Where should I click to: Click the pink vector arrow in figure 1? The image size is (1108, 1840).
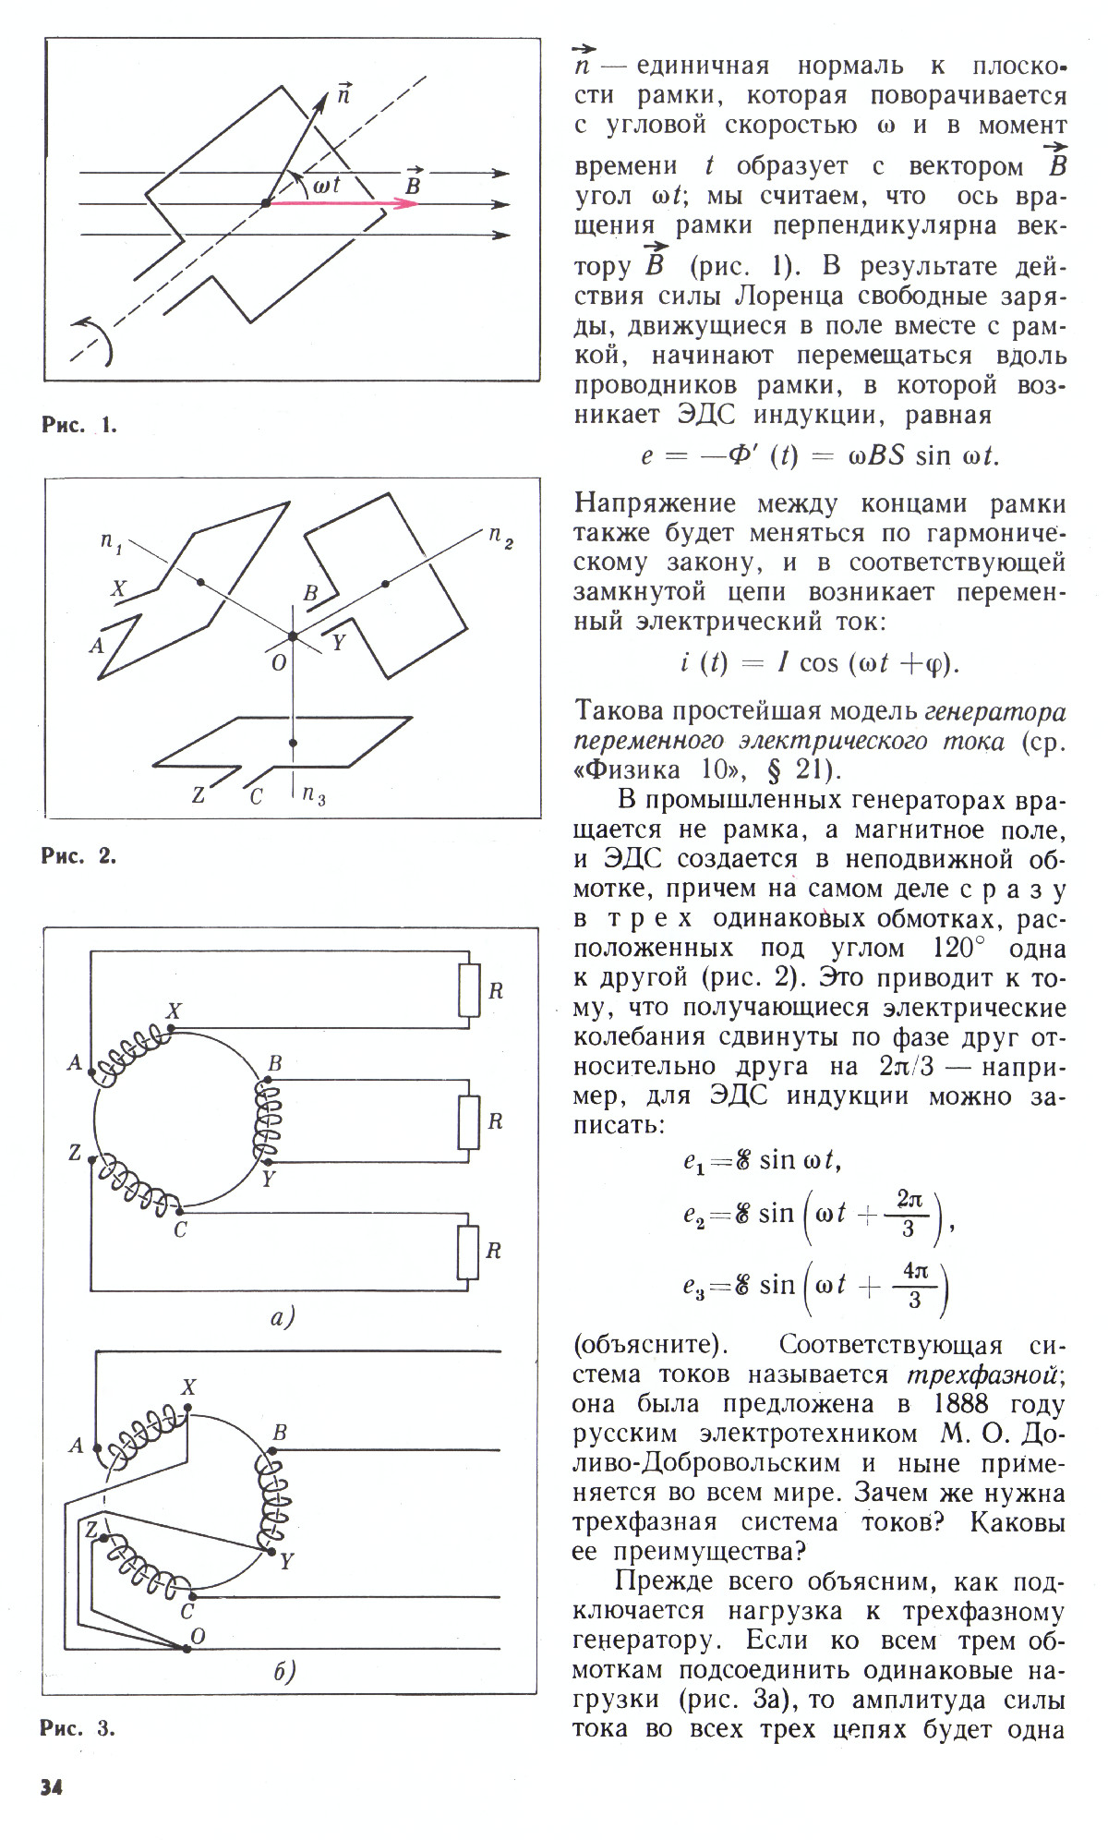pos(342,203)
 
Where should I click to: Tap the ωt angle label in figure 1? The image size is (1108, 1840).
pos(326,185)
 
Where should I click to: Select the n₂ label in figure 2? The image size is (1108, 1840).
pos(500,537)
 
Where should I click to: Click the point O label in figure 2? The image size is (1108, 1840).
pos(279,662)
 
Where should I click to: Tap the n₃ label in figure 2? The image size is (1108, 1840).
pos(314,794)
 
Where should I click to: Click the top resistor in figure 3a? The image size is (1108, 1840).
pos(469,990)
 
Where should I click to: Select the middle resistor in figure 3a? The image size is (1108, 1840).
pos(469,1120)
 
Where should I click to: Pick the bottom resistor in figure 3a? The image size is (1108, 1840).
pos(469,1252)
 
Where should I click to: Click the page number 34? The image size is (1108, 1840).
pos(52,1787)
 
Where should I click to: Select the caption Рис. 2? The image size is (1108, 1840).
pos(78,855)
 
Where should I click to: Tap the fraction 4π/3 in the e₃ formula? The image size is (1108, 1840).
pos(914,1287)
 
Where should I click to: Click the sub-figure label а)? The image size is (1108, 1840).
pos(281,1317)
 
